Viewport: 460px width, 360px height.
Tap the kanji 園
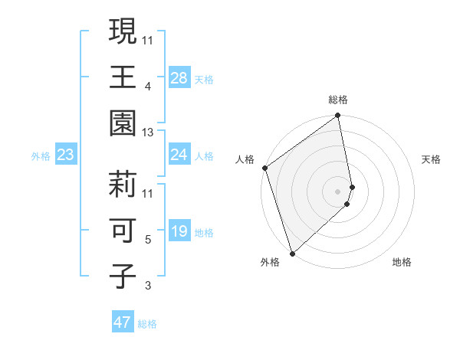[123, 123]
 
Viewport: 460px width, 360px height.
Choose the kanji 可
[123, 230]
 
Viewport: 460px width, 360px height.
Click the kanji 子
[123, 276]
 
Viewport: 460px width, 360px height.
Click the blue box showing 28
[179, 78]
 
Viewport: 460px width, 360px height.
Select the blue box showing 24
[179, 155]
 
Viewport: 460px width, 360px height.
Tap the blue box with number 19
[179, 232]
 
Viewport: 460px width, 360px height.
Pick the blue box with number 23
[66, 155]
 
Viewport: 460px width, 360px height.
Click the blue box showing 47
[123, 322]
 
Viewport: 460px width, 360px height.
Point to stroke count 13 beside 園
[148, 133]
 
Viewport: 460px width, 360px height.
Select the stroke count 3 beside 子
[147, 286]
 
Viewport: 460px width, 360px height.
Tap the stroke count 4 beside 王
[147, 86]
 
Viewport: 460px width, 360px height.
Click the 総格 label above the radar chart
[338, 100]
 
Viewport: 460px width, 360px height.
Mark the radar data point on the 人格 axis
[264, 168]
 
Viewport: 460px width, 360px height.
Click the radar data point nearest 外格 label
[292, 253]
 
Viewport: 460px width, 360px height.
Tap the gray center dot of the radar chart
[337, 191]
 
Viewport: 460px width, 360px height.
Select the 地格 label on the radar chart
[402, 262]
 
